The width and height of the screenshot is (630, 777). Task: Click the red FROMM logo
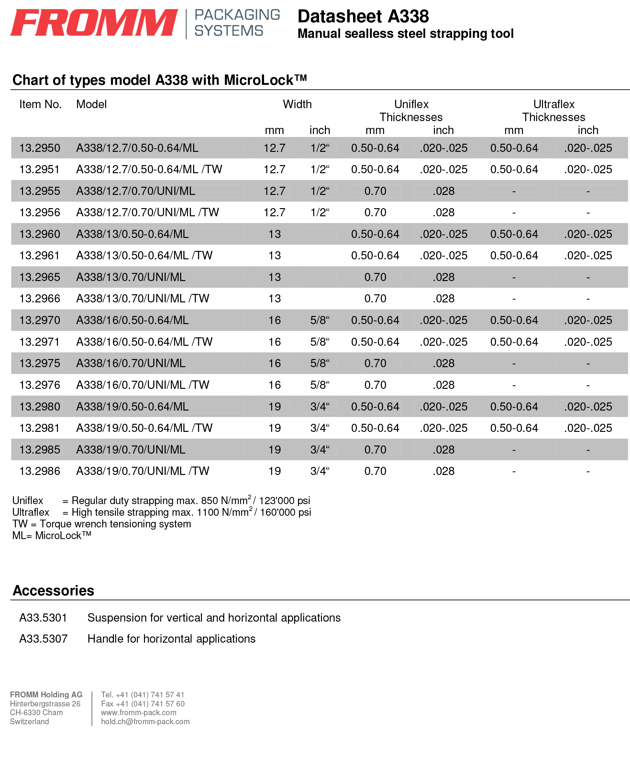[94, 23]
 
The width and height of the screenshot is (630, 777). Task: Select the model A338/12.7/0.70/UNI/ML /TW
[147, 212]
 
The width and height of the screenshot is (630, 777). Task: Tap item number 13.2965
[39, 277]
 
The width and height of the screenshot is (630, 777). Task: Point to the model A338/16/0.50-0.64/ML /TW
[144, 342]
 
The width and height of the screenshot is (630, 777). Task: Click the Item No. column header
[40, 105]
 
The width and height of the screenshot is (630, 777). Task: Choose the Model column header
[91, 105]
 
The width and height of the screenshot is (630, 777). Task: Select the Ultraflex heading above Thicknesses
[553, 105]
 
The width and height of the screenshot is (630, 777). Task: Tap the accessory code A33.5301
[43, 618]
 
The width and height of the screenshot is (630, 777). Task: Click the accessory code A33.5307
[43, 639]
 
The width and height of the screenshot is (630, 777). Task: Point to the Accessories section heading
[53, 591]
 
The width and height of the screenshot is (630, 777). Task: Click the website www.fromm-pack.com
[138, 713]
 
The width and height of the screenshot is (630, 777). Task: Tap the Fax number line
[143, 704]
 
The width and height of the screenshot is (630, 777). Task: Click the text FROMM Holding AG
[46, 694]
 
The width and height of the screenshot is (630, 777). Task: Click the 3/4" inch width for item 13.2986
[319, 471]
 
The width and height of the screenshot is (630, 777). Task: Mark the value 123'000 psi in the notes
[284, 501]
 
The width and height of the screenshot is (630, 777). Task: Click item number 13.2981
[39, 428]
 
